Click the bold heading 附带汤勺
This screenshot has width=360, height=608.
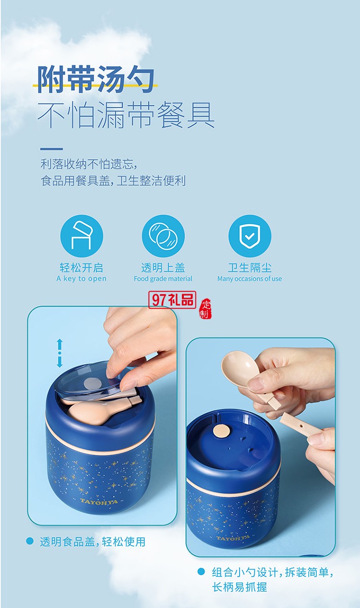pos(96,79)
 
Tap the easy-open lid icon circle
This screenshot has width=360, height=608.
pos(82,236)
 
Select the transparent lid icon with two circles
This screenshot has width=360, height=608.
pos(163,236)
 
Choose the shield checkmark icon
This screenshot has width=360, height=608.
pos(250,236)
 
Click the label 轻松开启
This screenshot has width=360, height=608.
pos(82,267)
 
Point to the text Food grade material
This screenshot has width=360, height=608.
pos(163,279)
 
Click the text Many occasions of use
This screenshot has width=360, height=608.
pos(250,279)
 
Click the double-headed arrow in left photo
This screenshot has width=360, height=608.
pos(60,353)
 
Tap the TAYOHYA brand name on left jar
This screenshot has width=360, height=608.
pos(100,501)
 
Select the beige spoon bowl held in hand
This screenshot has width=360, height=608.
pos(239,370)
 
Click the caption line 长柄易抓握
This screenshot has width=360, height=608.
pos(240,587)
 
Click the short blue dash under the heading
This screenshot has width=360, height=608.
pos(51,149)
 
